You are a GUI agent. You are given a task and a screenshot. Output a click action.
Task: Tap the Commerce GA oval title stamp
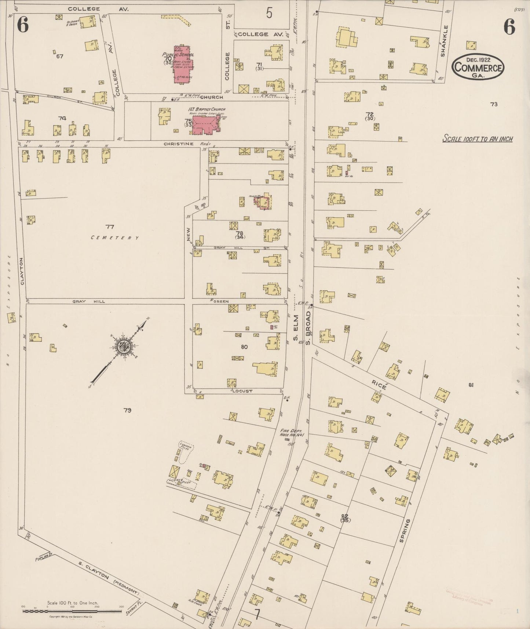click(x=478, y=67)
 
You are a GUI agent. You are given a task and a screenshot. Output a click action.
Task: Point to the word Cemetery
click(x=115, y=238)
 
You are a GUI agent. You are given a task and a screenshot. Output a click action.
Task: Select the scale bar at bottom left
click(x=72, y=611)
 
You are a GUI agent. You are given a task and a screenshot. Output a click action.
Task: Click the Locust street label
click(x=242, y=391)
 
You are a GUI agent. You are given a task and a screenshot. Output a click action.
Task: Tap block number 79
click(x=127, y=410)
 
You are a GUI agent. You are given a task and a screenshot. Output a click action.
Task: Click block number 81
click(x=471, y=385)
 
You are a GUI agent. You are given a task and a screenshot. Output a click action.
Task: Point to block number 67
click(x=60, y=57)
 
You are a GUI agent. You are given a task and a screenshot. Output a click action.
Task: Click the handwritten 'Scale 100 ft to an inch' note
click(x=477, y=139)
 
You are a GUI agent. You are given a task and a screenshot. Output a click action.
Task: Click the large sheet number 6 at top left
click(x=23, y=26)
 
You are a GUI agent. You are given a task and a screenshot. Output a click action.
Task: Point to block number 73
click(x=494, y=104)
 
